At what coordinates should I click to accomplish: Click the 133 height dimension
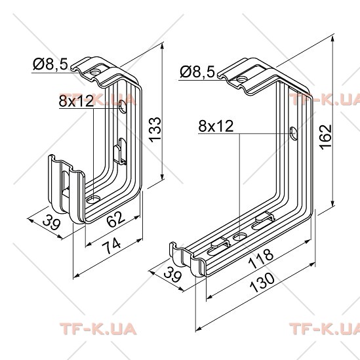[155, 129]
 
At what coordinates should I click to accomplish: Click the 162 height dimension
[326, 137]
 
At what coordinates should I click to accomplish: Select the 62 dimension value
[116, 219]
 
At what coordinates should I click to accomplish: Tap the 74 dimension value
[111, 246]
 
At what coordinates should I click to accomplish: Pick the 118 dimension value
[262, 259]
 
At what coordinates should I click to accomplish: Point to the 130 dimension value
[262, 283]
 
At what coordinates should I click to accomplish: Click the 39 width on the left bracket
[52, 222]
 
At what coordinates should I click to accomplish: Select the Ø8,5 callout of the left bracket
[50, 64]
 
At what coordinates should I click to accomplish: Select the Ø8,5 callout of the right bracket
[197, 71]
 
